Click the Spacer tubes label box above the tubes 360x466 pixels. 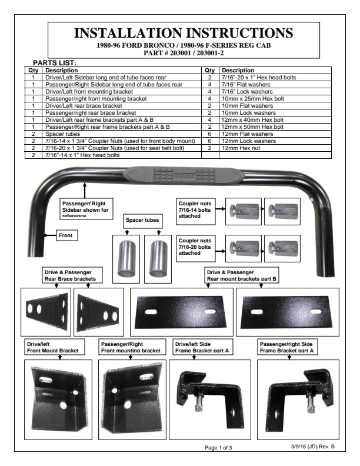142,220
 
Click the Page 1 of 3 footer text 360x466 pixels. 218,448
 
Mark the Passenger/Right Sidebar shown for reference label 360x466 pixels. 86,208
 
